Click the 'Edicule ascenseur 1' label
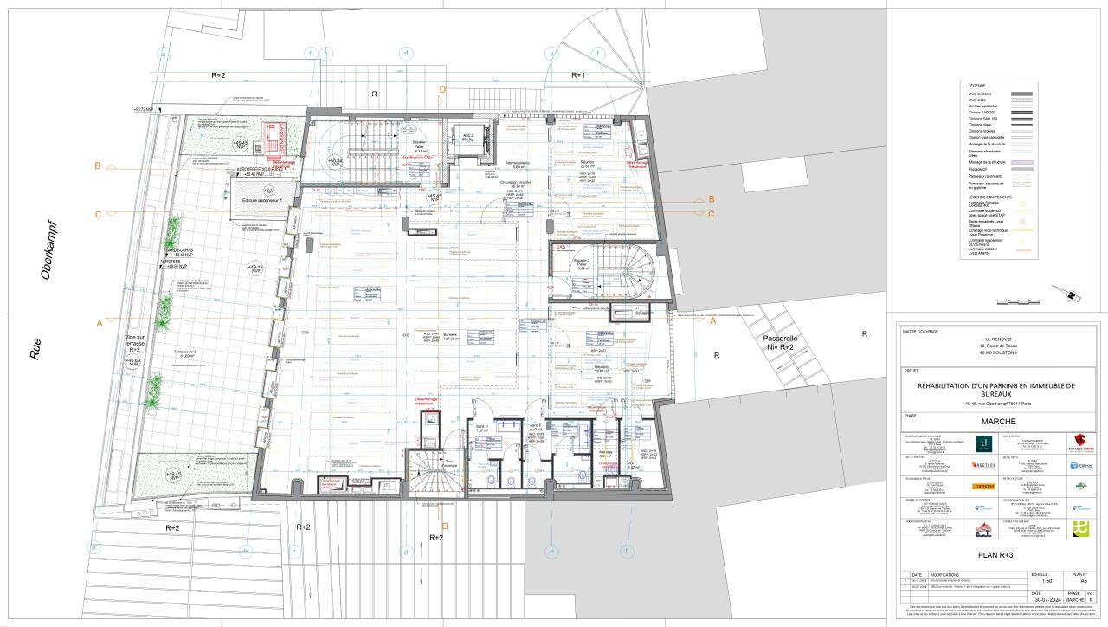tap(263, 201)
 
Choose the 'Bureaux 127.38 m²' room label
tap(450, 335)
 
